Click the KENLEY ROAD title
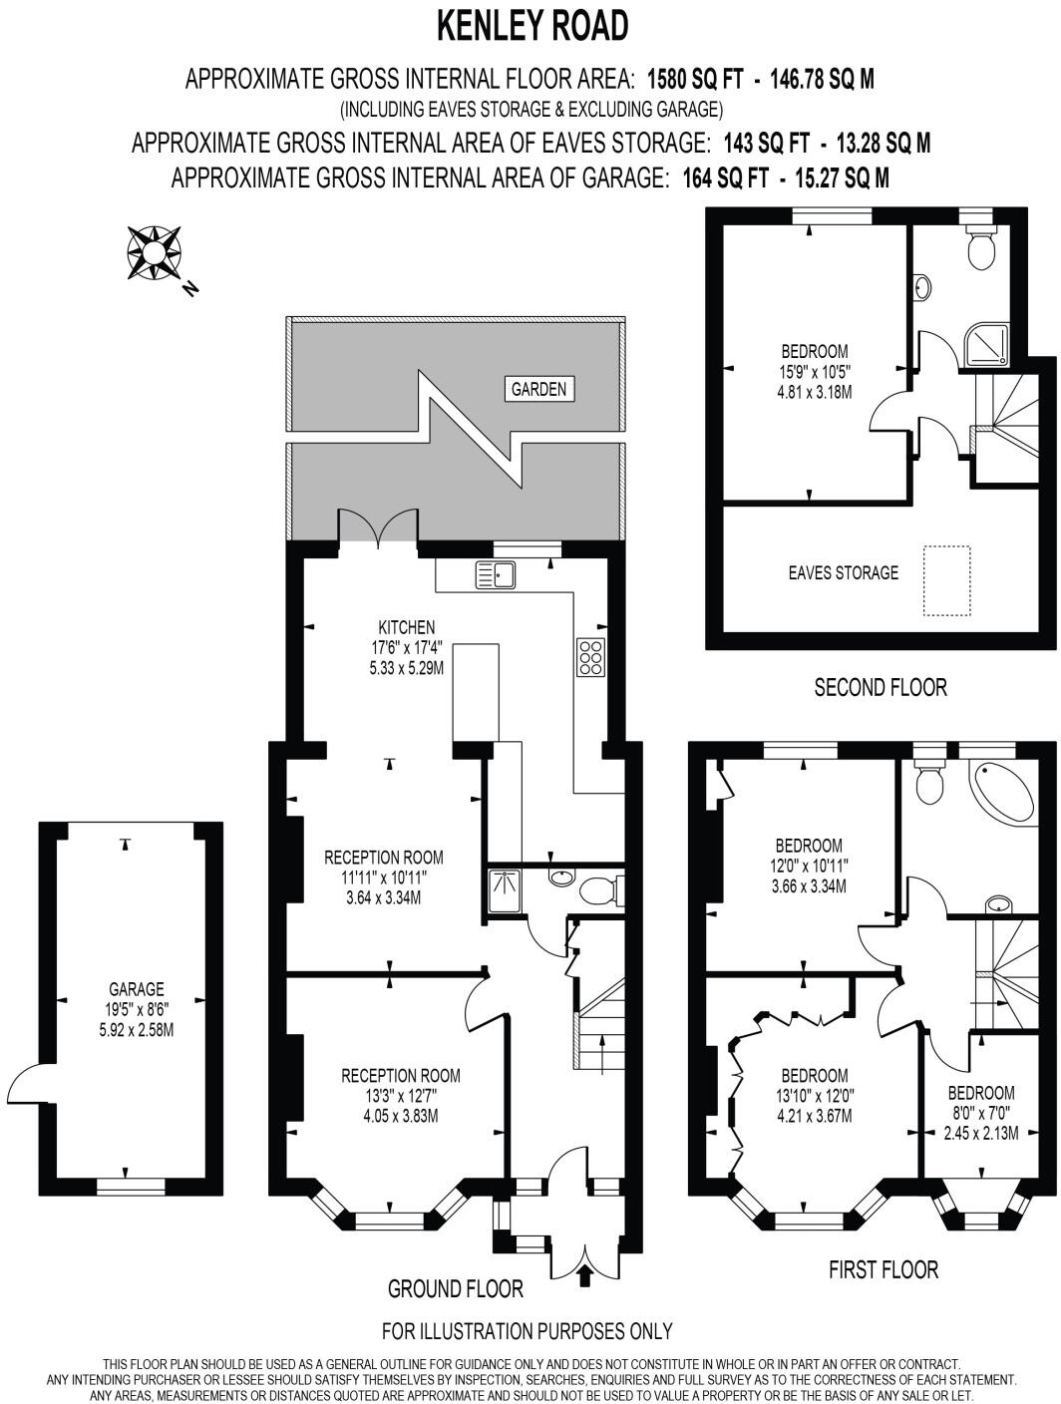pyautogui.click(x=532, y=26)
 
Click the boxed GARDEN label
pyautogui.click(x=538, y=389)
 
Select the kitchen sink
pyautogui.click(x=496, y=575)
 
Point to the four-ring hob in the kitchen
pyautogui.click(x=589, y=657)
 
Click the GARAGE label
pyautogui.click(x=137, y=989)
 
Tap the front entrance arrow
pyautogui.click(x=585, y=1275)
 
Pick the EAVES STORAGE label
pyautogui.click(x=843, y=572)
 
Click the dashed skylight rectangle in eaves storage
pyautogui.click(x=946, y=580)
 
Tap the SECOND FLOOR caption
pyautogui.click(x=881, y=687)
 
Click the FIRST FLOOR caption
pyautogui.click(x=884, y=1269)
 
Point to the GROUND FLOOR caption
pyautogui.click(x=455, y=1289)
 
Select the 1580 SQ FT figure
pyautogui.click(x=695, y=79)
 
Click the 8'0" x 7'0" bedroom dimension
pyautogui.click(x=981, y=1113)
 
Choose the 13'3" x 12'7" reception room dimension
pyautogui.click(x=401, y=1096)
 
